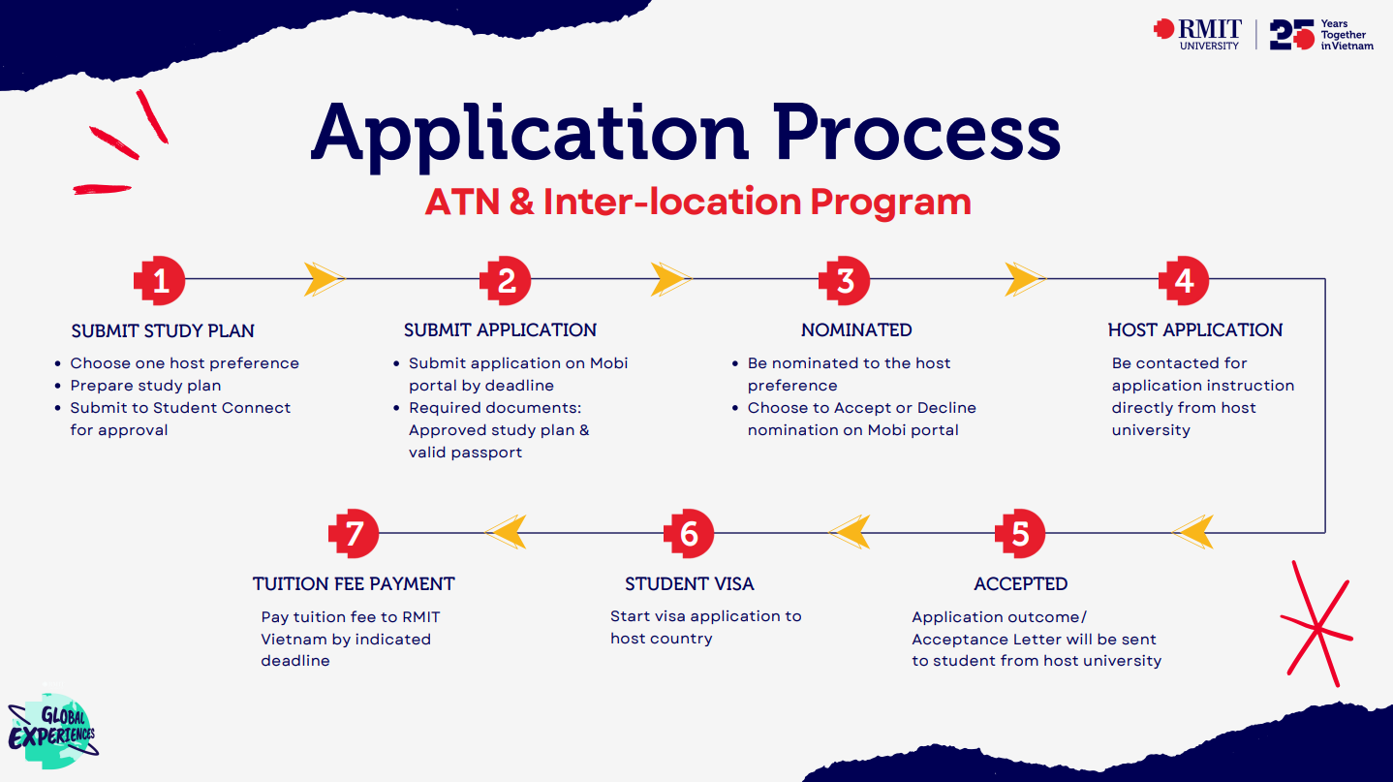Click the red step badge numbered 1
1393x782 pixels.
tap(160, 281)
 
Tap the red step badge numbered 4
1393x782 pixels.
tap(1184, 281)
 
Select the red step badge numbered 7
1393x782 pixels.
tap(354, 534)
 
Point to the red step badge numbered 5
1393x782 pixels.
tap(1020, 534)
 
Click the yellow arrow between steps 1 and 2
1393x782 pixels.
tap(324, 280)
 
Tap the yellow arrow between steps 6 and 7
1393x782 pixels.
tap(506, 531)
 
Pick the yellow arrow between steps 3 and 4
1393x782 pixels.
tap(1025, 280)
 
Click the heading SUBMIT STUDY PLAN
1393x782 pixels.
tap(163, 331)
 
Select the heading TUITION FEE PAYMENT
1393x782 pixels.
tap(354, 584)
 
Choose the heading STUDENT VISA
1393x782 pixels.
tap(689, 584)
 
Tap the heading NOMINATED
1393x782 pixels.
tap(856, 330)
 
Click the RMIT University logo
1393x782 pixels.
tap(1198, 34)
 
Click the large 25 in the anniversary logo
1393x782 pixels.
tap(1291, 34)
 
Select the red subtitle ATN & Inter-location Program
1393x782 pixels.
tap(697, 202)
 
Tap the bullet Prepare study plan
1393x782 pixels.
tap(145, 386)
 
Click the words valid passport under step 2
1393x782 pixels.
tap(465, 453)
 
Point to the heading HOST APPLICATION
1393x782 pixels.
tap(1194, 330)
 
